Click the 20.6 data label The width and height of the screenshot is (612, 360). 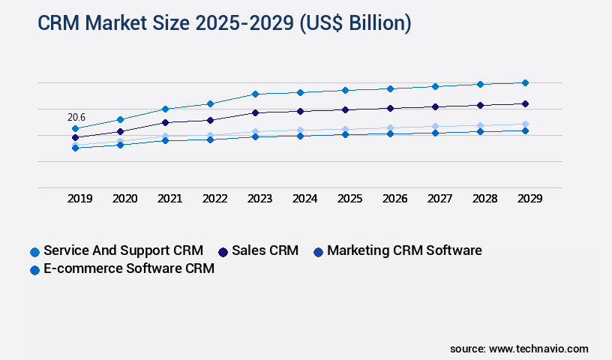coord(76,117)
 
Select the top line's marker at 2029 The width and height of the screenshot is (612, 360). coord(525,82)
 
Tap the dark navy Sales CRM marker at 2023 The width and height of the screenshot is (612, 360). coord(255,112)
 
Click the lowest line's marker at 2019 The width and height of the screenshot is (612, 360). coord(75,148)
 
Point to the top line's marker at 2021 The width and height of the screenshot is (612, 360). coord(165,109)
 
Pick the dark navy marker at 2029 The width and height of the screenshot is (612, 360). coord(525,103)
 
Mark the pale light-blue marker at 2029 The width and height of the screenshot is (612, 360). coord(525,124)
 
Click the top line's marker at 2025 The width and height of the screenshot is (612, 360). coord(345,90)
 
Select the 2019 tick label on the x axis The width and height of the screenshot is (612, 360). coord(80,199)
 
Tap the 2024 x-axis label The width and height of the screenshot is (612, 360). coord(304,199)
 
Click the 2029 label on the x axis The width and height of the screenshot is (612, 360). coord(529,199)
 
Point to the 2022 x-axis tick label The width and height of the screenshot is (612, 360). coord(214,199)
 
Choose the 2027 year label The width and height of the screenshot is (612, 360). coord(439,199)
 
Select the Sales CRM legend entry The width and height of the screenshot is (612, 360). coord(265,250)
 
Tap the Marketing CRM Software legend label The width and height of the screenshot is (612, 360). coord(404,250)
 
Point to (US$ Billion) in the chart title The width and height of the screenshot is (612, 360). coord(355,23)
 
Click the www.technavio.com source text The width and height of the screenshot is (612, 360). coord(538,349)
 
